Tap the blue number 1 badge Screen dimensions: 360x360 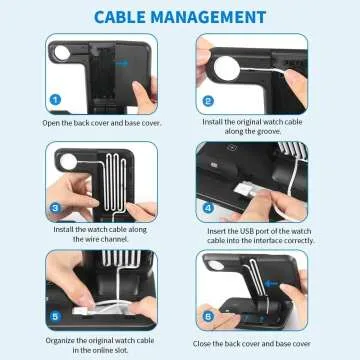(56, 99)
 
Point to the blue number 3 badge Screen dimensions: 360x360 (56, 207)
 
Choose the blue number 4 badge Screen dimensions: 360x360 (208, 207)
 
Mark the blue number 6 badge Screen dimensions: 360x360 (208, 315)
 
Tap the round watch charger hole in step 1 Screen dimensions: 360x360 (64, 49)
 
